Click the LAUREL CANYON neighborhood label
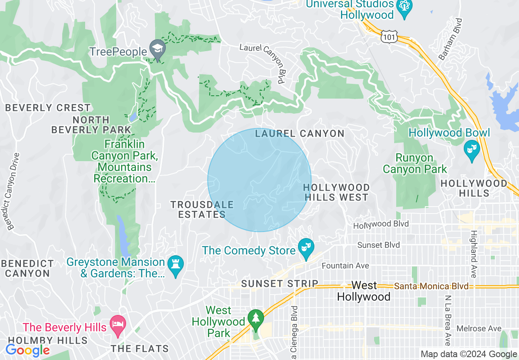(x=300, y=133)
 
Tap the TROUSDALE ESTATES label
(x=202, y=209)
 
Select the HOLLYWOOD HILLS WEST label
(x=336, y=192)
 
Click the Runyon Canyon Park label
(x=415, y=163)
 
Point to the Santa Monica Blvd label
(x=431, y=286)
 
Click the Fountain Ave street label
(x=345, y=265)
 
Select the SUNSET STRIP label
(x=280, y=283)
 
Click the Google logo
(x=27, y=350)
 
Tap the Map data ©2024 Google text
(x=469, y=354)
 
